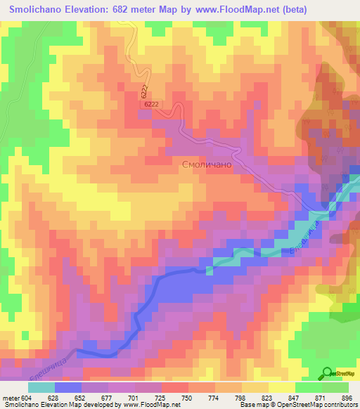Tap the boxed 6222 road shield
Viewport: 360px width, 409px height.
tap(151, 103)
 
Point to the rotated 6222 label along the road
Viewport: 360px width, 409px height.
tap(143, 91)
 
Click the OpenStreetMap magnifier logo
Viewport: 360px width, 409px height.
tap(328, 373)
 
